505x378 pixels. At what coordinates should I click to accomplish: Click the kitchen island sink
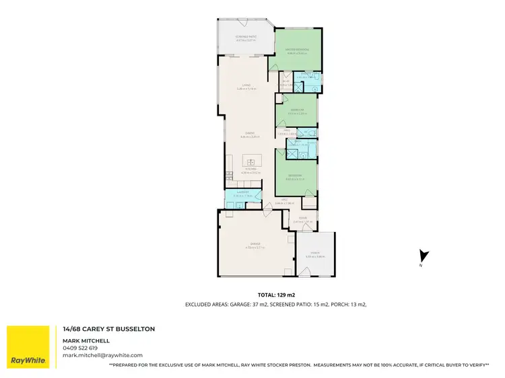point(252,161)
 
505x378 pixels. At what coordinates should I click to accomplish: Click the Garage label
point(252,245)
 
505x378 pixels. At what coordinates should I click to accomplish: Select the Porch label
point(315,254)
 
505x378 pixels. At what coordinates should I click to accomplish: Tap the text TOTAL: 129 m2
point(276,295)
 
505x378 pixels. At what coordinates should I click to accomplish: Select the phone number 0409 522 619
point(80,348)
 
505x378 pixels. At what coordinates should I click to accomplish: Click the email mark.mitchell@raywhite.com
point(102,354)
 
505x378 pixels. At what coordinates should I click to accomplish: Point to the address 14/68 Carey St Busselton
point(108,329)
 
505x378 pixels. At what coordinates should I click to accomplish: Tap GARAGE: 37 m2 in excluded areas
point(246,305)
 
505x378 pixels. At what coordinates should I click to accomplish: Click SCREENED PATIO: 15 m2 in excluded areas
point(302,305)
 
